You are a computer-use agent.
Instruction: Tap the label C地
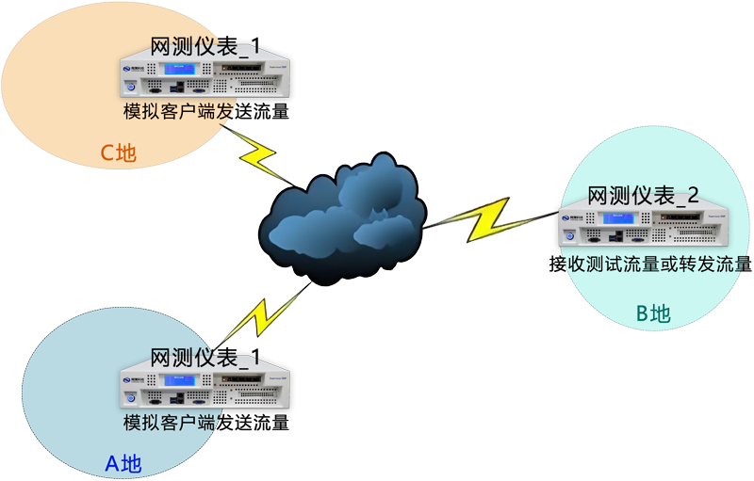(119, 152)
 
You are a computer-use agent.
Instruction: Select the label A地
(122, 463)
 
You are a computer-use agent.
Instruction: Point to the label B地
(653, 313)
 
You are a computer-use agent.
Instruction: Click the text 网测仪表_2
(643, 196)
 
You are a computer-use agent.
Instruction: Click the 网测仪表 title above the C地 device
(206, 45)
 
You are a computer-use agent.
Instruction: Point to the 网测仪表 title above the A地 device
(206, 357)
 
